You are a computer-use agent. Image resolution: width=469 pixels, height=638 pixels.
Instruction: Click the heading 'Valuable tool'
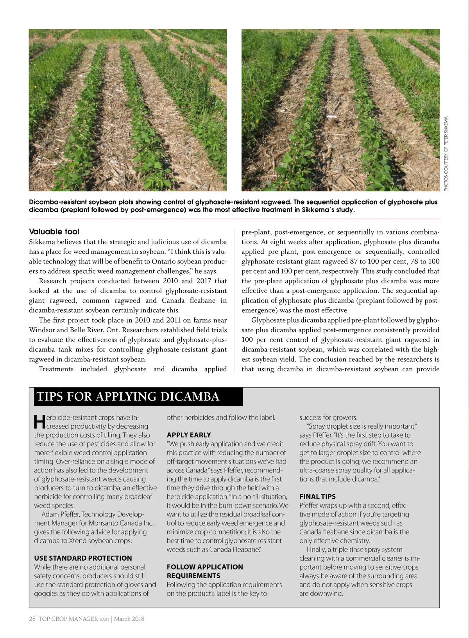[x=54, y=232]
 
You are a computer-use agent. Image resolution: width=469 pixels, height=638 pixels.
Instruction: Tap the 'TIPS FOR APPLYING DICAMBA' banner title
[x=128, y=397]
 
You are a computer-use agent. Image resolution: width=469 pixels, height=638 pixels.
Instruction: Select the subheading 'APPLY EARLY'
[x=189, y=435]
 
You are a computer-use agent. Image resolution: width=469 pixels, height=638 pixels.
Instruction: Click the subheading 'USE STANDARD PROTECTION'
[x=83, y=558]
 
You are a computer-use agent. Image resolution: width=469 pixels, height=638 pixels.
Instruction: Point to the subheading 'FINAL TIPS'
[x=317, y=497]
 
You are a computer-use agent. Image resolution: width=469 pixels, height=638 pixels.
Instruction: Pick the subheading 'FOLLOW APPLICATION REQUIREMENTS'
[x=205, y=571]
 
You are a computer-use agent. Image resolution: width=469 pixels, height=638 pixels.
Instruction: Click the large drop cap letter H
[x=39, y=422]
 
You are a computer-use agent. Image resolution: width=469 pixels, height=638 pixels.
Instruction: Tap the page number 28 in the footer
[x=32, y=618]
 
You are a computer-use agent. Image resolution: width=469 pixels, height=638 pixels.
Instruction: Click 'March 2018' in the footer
[x=129, y=618]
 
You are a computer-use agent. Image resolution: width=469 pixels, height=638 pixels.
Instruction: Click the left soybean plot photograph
[x=128, y=110]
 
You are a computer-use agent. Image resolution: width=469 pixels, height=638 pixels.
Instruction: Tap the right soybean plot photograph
[x=340, y=110]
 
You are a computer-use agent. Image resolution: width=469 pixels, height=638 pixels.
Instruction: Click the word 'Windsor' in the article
[x=42, y=330]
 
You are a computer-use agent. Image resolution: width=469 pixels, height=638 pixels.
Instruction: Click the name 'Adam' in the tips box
[x=50, y=514]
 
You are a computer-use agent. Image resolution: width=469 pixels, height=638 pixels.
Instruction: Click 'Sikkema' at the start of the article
[x=42, y=242]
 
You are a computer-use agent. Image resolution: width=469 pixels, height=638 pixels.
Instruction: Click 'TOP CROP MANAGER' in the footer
[x=68, y=618]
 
